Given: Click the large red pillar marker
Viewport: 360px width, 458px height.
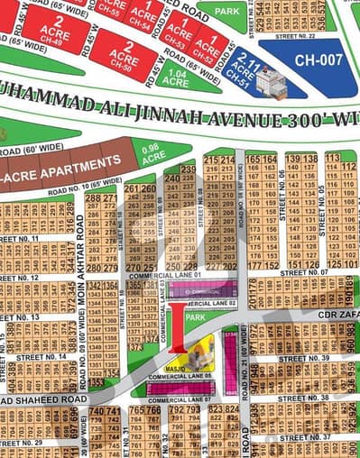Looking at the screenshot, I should pyautogui.click(x=179, y=327).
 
